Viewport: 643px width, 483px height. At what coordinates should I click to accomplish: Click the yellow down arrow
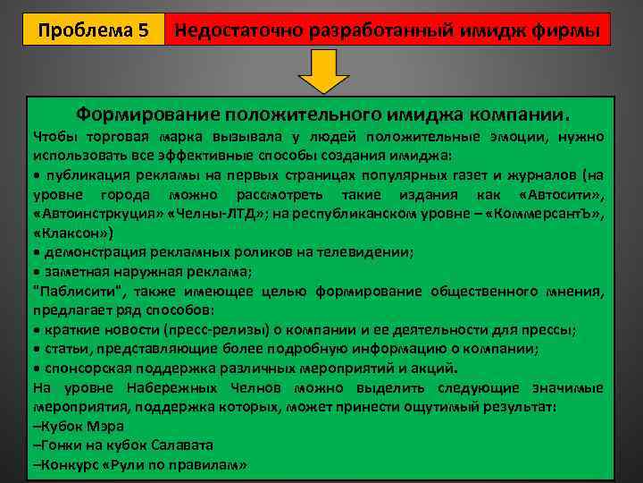click(322, 71)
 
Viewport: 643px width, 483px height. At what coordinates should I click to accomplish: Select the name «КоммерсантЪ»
click(553, 214)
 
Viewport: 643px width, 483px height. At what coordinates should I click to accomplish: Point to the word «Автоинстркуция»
click(96, 214)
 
